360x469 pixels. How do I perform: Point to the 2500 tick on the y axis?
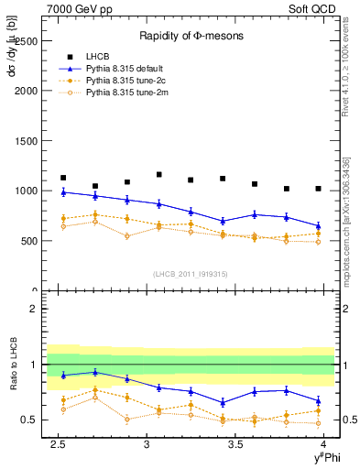[x=27, y=41]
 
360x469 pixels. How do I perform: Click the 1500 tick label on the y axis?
[x=27, y=141]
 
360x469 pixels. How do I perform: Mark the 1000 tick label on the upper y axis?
[x=27, y=191]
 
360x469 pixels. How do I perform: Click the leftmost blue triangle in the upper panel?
[x=63, y=192]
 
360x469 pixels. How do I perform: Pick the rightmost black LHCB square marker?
[x=318, y=189]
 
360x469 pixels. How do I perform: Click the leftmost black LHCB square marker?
[x=63, y=178]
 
